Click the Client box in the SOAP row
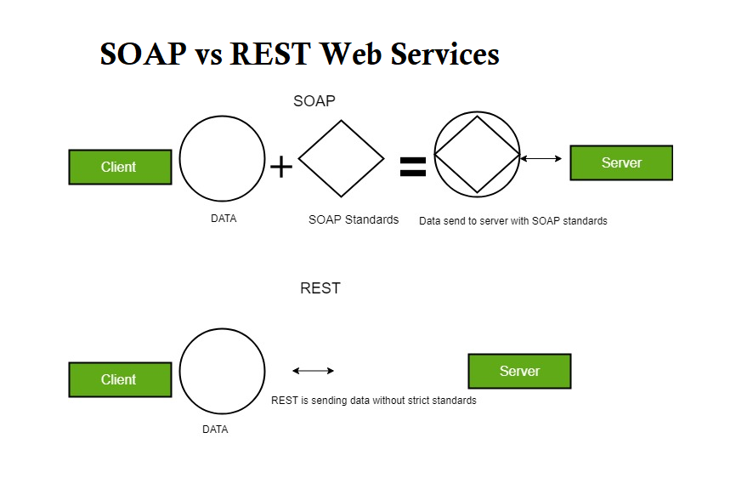(120, 167)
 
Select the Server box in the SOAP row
(620, 162)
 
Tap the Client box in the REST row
(120, 379)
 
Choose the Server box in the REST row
(519, 371)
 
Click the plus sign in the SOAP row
(281, 167)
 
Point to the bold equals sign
(412, 167)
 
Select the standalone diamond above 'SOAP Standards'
(341, 157)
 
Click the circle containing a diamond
(477, 156)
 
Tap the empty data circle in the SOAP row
(223, 158)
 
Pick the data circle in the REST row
(223, 371)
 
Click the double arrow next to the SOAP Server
(541, 158)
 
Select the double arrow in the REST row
(313, 371)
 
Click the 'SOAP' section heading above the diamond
(314, 101)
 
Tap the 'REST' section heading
(320, 288)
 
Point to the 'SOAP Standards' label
(354, 219)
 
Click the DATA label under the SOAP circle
(224, 219)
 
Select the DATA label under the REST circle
(215, 430)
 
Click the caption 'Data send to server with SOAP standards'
(513, 221)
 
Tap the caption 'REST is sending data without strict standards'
(374, 401)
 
